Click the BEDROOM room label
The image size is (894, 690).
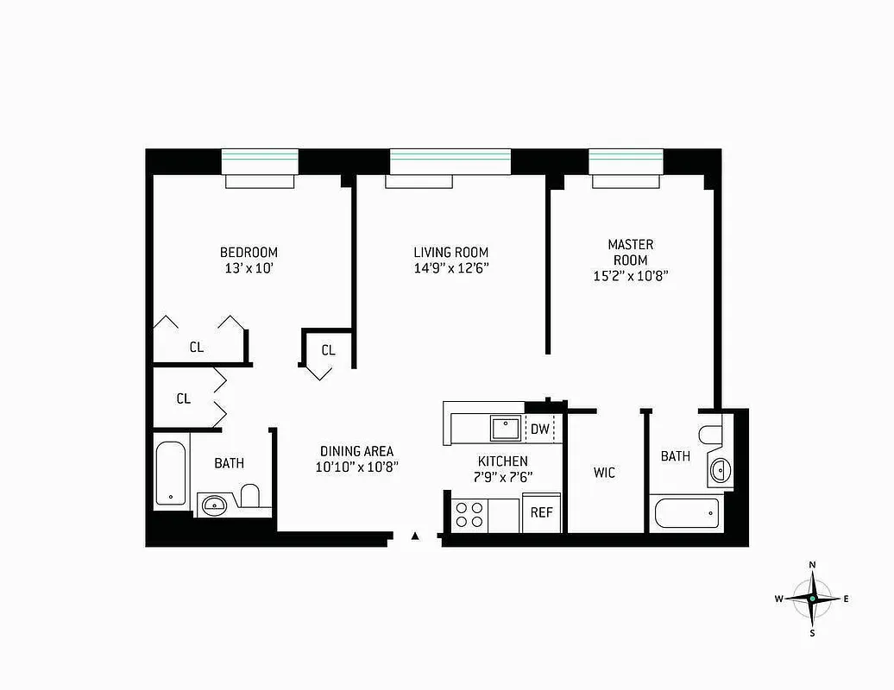249,252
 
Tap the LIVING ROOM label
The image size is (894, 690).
450,252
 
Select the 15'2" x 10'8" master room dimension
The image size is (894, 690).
630,276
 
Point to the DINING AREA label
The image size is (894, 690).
356,451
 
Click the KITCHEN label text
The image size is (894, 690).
502,461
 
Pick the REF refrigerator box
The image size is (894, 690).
541,512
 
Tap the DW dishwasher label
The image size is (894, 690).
540,429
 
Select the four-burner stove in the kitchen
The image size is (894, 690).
469,515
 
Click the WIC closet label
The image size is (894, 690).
604,473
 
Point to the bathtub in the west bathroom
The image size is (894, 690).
170,474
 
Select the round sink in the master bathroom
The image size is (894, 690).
720,470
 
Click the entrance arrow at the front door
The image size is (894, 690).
415,536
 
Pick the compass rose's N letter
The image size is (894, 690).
812,565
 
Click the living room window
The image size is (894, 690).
450,161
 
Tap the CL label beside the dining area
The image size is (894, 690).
328,350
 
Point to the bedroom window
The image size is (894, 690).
260,161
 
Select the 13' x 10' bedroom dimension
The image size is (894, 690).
249,268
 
